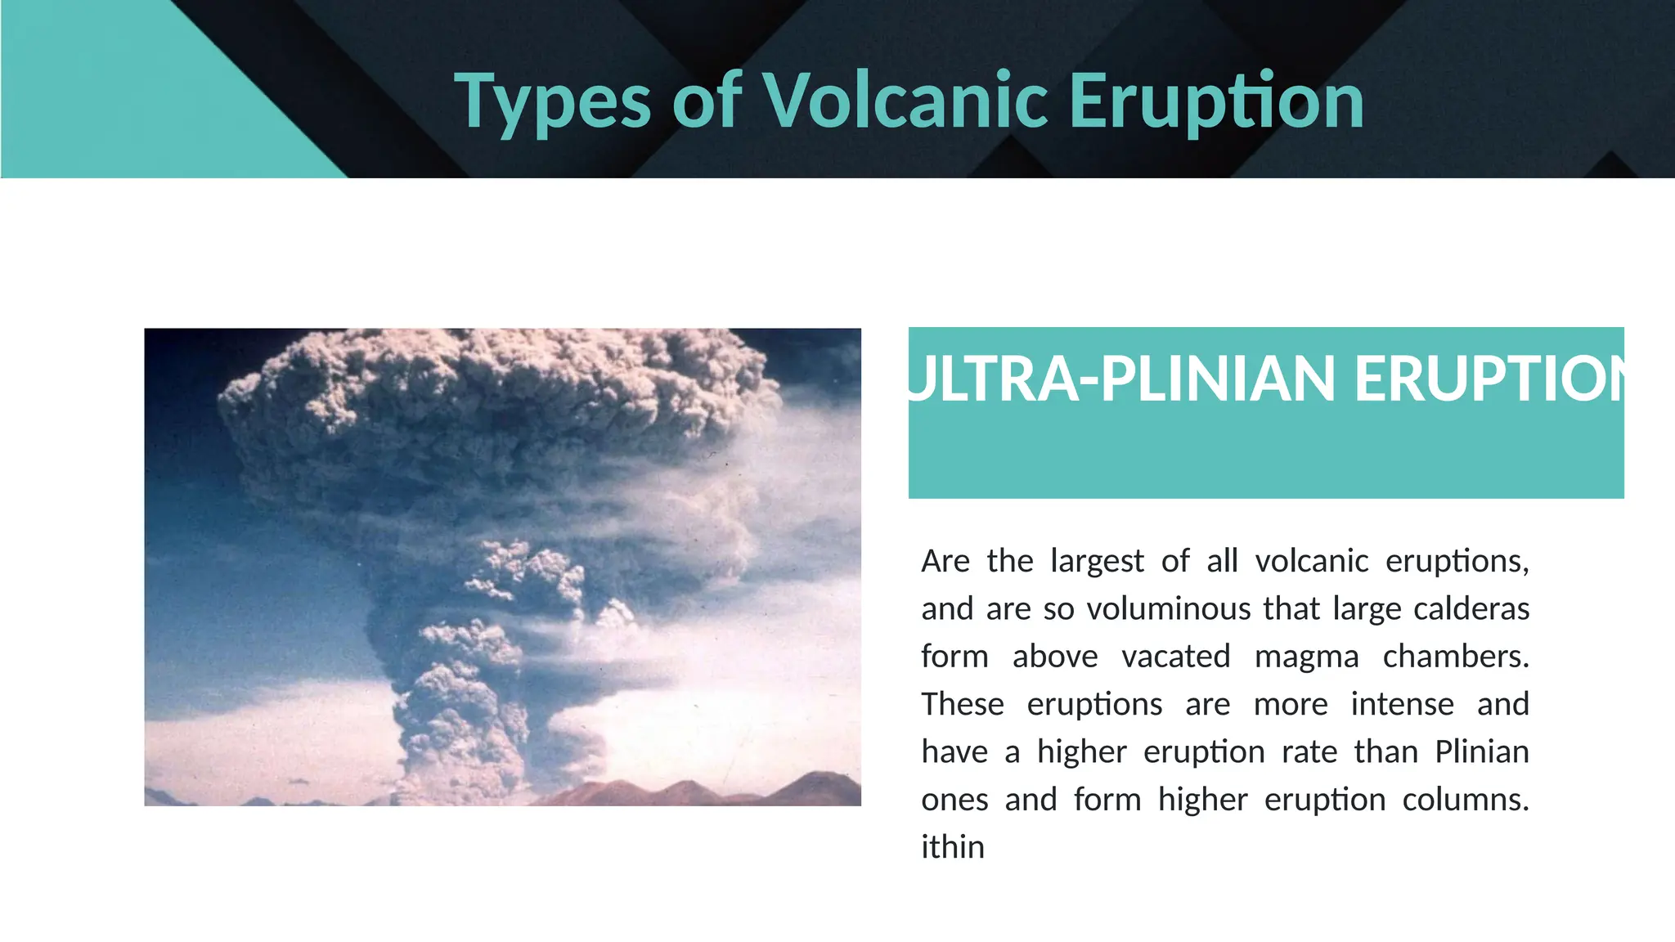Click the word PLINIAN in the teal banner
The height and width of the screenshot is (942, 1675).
(x=1217, y=379)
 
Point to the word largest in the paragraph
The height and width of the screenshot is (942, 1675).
(x=1097, y=562)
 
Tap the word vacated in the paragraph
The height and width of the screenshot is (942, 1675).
(x=1175, y=657)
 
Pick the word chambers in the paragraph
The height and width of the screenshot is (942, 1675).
(x=1455, y=657)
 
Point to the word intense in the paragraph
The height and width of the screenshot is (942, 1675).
(x=1402, y=704)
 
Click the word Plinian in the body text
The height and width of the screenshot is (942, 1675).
(x=1481, y=751)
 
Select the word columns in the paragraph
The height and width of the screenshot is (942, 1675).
(x=1465, y=800)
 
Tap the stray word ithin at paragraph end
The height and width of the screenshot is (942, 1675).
(x=952, y=847)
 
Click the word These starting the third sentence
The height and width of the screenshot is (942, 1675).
(x=962, y=704)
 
